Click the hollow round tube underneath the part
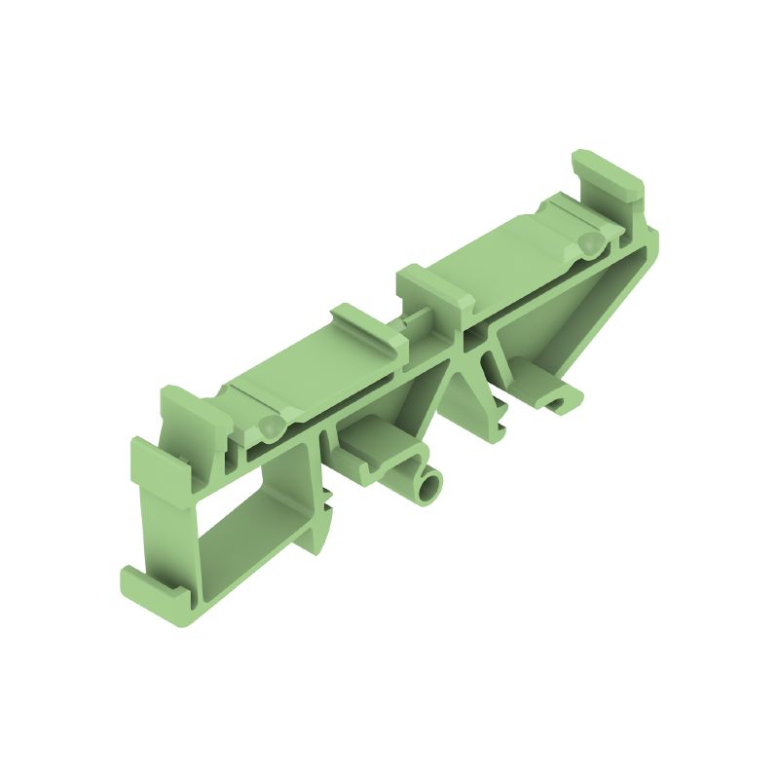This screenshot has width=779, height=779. click(427, 488)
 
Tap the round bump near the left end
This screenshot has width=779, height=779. click(270, 426)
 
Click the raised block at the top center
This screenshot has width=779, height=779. click(434, 291)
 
